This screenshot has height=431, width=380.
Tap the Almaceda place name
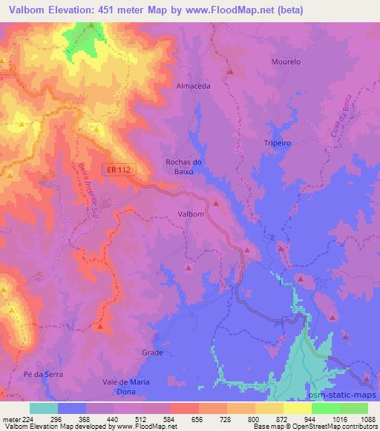click(193, 86)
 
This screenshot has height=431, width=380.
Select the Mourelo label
click(286, 62)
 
